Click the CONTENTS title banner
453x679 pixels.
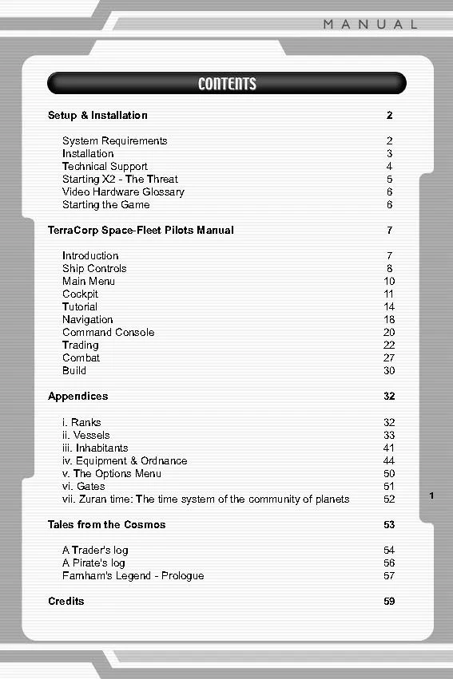227,84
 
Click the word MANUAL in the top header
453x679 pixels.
370,25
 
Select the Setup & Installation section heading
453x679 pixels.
97,116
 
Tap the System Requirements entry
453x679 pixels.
114,141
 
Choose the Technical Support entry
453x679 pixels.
105,167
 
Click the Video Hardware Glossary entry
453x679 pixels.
123,192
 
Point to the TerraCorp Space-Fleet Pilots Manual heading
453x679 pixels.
141,231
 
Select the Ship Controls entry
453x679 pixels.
94,269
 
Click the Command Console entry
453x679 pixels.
108,333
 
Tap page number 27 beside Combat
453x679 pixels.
389,358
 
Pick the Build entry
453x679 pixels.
74,371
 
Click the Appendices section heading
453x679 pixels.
77,397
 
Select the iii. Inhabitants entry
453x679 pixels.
95,448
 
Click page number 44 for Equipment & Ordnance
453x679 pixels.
389,461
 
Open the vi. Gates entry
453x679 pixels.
84,487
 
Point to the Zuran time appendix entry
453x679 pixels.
205,499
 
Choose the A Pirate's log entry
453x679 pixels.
93,563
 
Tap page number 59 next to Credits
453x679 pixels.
389,602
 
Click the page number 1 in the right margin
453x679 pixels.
431,496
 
